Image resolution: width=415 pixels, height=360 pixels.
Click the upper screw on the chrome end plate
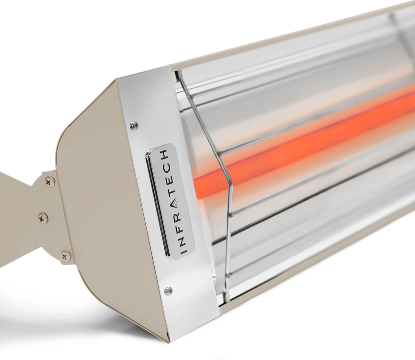point(134,126)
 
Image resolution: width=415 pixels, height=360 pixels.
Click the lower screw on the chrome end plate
point(168,291)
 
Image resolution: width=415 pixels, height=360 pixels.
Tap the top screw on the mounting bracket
point(49,181)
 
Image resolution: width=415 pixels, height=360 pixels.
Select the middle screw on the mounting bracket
point(43,218)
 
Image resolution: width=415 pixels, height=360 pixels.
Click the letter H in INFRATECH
point(164,154)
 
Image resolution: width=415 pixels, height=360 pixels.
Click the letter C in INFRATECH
point(167,167)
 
